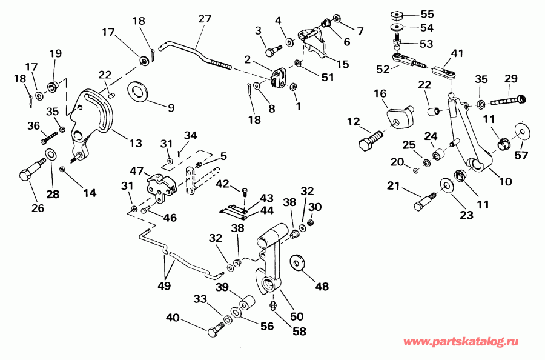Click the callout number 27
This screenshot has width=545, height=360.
204,19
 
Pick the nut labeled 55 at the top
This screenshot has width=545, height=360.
398,15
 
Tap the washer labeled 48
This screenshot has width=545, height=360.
298,262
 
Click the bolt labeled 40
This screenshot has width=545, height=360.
215,332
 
